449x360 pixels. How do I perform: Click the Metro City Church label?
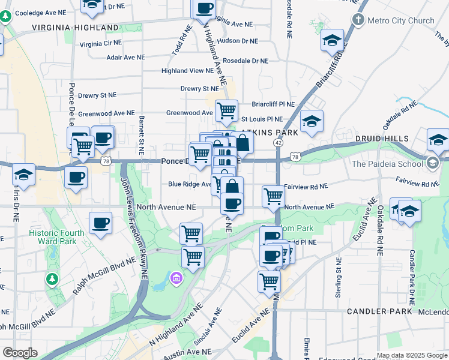point(400,20)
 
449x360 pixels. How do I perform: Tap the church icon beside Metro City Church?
point(358,20)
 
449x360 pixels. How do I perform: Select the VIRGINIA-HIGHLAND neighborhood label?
point(75,28)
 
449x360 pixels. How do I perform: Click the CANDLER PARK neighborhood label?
point(379,311)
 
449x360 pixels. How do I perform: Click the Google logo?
point(20,353)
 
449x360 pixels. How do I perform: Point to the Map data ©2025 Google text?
point(412,355)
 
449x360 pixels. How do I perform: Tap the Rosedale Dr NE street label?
point(246,61)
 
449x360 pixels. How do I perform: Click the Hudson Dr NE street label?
point(237,41)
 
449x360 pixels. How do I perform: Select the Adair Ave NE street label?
point(125,57)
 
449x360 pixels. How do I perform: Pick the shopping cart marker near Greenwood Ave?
point(226,110)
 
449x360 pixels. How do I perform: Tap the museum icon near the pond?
point(176,278)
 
